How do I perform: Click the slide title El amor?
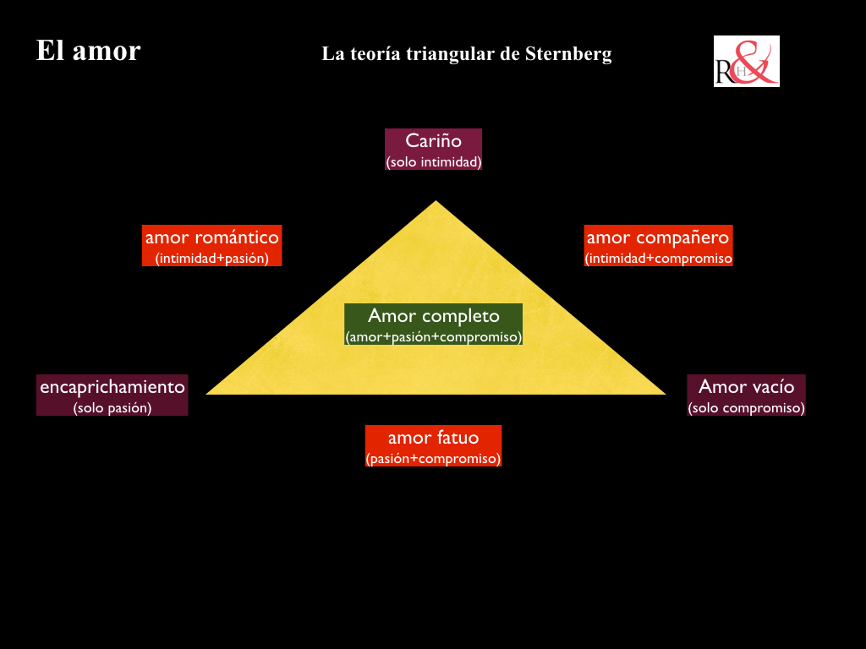[x=88, y=51]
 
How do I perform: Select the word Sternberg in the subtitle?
[x=568, y=54]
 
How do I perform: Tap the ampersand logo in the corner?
[x=746, y=61]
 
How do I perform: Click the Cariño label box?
[x=433, y=141]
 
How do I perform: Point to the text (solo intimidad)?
[x=433, y=161]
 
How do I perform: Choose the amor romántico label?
[x=211, y=238]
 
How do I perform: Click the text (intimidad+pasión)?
[x=211, y=259]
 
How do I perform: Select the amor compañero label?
[x=658, y=238]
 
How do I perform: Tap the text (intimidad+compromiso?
[x=658, y=259]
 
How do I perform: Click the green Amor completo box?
[x=433, y=316]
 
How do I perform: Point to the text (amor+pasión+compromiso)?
[x=433, y=336]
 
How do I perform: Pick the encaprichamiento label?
[x=112, y=387]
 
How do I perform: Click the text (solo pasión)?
[x=112, y=407]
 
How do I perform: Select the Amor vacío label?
[x=746, y=387]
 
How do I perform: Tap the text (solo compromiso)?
[x=746, y=407]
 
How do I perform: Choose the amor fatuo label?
[x=433, y=438]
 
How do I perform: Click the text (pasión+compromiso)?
[x=433, y=459]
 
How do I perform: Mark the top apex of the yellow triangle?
[x=436, y=202]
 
